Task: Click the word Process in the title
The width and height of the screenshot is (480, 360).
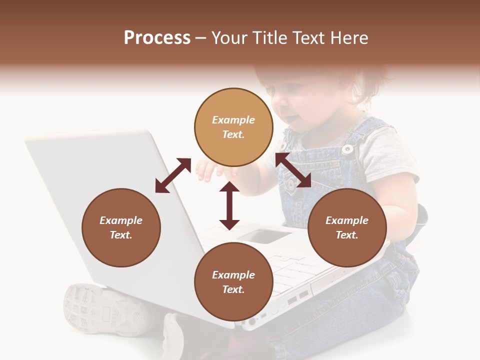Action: click(157, 38)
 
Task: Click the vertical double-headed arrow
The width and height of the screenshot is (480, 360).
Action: click(229, 205)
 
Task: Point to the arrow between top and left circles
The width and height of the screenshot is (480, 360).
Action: click(173, 175)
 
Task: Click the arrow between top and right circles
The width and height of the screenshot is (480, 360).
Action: click(293, 170)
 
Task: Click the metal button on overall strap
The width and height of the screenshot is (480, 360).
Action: click(347, 148)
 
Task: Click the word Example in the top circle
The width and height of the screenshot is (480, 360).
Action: click(233, 120)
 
